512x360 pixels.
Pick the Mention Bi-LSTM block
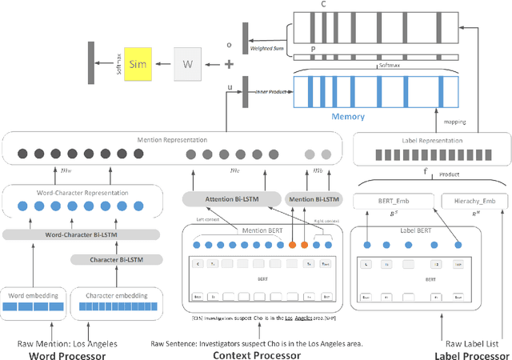click(x=312, y=198)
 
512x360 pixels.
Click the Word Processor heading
click(x=67, y=355)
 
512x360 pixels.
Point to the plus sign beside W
click(x=230, y=64)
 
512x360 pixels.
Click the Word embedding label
click(x=33, y=295)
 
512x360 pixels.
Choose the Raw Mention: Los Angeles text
click(x=67, y=343)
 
